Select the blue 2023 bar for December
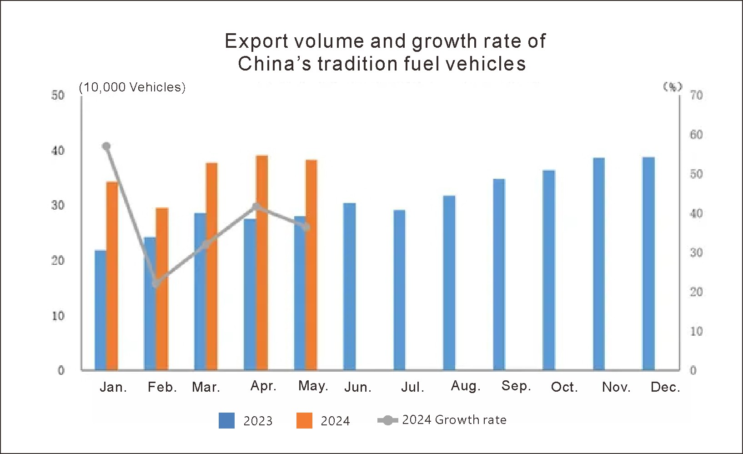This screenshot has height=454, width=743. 648,264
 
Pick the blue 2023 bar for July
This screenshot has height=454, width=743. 399,290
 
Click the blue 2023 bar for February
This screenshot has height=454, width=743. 150,304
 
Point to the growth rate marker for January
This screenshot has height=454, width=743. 106,146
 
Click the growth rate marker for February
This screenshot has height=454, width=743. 156,283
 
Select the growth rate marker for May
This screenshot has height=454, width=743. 306,227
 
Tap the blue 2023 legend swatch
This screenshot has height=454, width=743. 226,420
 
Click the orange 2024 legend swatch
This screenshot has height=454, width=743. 304,420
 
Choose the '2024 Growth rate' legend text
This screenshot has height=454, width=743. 454,420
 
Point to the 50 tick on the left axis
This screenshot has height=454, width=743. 58,95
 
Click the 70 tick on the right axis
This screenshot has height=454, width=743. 696,95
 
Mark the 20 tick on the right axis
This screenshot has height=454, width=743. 696,292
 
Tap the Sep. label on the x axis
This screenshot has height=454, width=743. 516,386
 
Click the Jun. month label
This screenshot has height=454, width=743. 358,387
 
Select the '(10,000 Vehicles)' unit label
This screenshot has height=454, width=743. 132,87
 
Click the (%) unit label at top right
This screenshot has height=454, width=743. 673,86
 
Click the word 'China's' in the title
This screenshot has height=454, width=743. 275,64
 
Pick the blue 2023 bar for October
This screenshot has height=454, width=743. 549,270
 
